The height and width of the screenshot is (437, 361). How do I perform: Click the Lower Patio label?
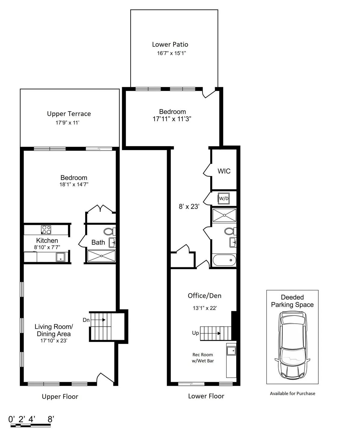pos(170,45)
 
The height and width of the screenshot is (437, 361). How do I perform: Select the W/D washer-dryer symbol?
pos(224,198)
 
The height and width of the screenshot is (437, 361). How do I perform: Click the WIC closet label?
pos(224,171)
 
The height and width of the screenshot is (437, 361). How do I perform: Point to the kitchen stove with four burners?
pos(46,230)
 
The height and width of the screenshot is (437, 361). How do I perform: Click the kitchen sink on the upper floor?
pos(60,257)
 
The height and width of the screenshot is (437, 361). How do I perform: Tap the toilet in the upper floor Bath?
pos(108,232)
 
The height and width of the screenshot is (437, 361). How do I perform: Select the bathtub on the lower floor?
pos(224,260)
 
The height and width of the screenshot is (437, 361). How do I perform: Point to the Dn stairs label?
pos(86,320)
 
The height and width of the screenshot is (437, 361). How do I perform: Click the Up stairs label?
pos(196,333)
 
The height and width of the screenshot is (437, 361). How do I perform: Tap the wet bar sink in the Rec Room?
pos(231,351)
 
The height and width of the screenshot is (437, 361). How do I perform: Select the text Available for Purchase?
pos(292,393)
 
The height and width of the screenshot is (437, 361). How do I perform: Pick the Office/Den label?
pos(205,296)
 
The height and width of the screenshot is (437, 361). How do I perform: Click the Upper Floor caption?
pos(60,397)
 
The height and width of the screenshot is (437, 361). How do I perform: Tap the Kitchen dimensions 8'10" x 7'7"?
pos(47,247)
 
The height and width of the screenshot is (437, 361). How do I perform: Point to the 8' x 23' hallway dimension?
pos(189,207)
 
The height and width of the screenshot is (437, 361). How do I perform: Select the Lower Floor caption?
pos(206,396)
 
